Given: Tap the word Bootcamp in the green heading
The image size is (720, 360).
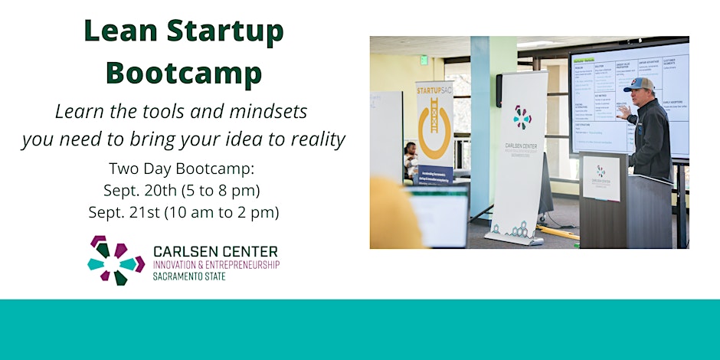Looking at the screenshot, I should point(183,73).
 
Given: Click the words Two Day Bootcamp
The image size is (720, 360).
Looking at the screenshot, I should point(183,168).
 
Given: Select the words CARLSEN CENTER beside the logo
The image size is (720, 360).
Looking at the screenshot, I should point(215,251).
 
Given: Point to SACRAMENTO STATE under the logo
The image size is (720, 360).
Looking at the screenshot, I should point(190,277).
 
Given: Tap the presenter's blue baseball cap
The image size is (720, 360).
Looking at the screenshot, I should point(640,84).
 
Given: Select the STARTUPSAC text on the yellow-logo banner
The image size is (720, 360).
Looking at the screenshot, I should point(434,92).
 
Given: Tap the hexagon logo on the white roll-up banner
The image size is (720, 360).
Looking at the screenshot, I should point(522,117).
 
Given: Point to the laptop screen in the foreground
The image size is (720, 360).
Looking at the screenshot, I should point(439,218).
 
